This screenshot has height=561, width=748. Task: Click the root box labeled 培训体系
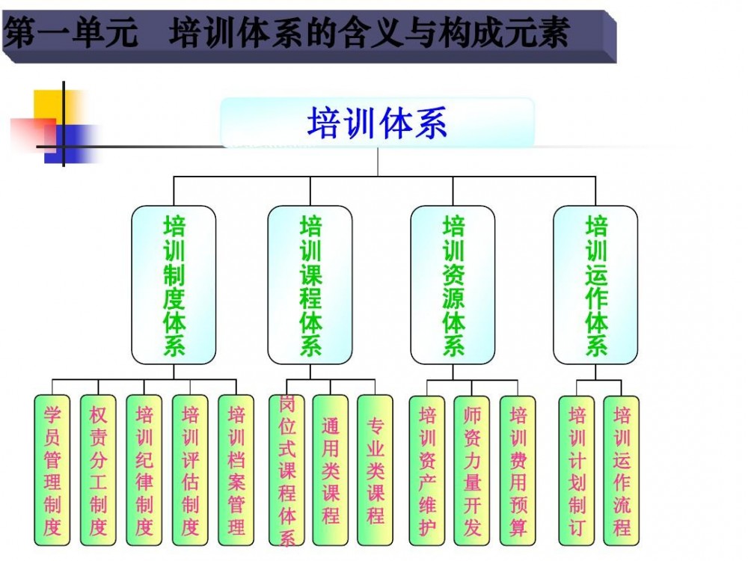pos(378,123)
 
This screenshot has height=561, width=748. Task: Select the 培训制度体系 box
pos(174,285)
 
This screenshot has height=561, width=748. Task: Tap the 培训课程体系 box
pos(310,285)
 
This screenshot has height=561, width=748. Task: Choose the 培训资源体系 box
pos(453,285)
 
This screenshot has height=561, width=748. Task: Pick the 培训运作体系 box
pos(595,285)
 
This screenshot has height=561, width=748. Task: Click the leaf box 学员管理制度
pos(52,470)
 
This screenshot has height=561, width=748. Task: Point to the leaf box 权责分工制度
pos(98,470)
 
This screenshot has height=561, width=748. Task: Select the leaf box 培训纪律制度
pos(144,470)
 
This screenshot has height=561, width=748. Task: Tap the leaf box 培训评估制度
pos(190,470)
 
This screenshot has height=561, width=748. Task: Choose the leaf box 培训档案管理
pos(236,470)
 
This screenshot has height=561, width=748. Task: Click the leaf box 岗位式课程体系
pos(287,470)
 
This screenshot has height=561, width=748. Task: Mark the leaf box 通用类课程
pos(331,470)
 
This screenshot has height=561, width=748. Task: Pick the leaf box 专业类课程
pos(375,470)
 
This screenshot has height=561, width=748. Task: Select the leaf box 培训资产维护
pos(427,470)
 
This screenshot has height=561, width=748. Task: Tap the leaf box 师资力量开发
pos(472,470)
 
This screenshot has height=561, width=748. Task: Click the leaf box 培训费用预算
pos(518,470)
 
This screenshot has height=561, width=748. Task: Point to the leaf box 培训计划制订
pos(577,470)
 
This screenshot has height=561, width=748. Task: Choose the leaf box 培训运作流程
pos(622,470)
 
